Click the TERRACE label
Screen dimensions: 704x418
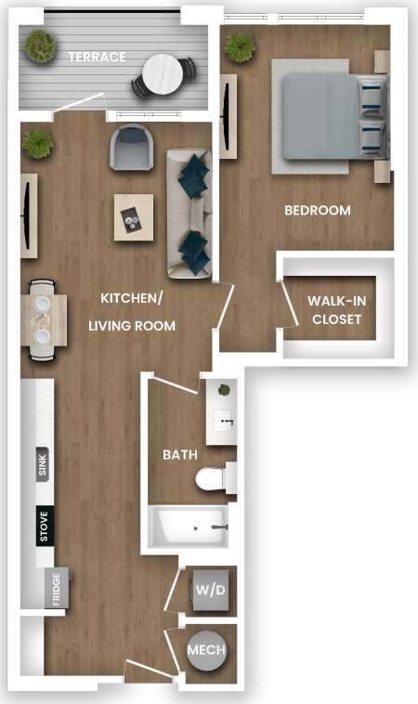click(x=97, y=57)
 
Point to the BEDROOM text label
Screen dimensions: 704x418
click(x=318, y=211)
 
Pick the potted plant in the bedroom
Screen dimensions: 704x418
click(x=240, y=46)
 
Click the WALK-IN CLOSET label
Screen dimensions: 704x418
click(x=336, y=310)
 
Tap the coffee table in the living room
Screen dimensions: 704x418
click(x=134, y=216)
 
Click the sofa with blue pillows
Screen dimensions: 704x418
click(x=189, y=213)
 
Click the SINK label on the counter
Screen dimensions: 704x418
click(x=42, y=463)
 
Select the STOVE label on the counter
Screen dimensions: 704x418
click(x=43, y=527)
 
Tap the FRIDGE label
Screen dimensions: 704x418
click(x=56, y=589)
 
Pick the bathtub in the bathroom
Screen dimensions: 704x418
click(x=189, y=528)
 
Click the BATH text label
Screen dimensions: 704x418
click(x=178, y=455)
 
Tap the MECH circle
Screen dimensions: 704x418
click(x=206, y=650)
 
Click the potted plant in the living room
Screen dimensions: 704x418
click(x=38, y=143)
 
